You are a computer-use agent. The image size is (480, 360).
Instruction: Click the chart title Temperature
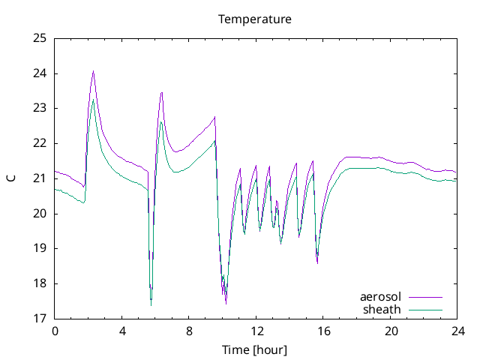click(254, 19)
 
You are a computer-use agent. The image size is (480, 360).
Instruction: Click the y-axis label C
click(10, 178)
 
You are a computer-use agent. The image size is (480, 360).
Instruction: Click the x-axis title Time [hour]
click(254, 349)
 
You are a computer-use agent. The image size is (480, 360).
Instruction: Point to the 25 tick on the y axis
click(40, 38)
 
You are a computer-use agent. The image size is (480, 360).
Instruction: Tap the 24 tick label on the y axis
click(40, 73)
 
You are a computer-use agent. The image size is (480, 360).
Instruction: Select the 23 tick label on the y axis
click(40, 108)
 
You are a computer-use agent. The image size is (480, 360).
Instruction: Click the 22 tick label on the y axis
click(40, 143)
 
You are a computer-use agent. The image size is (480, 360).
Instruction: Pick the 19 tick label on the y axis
click(40, 248)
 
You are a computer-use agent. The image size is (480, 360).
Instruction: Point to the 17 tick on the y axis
click(40, 318)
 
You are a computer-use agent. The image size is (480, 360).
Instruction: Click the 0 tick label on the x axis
click(55, 331)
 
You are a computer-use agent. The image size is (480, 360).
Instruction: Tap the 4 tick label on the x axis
click(121, 331)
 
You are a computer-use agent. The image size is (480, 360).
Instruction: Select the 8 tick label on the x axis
click(189, 331)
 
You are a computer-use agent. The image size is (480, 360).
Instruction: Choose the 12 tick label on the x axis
click(256, 331)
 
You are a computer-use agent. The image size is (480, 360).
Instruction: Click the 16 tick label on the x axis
click(322, 331)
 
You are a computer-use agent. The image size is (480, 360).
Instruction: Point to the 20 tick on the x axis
click(390, 331)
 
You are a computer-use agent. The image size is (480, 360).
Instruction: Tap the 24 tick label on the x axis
click(457, 331)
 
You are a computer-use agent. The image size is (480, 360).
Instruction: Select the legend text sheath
click(382, 309)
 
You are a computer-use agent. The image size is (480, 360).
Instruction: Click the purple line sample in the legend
click(424, 298)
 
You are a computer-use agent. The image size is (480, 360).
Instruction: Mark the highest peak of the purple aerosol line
click(93, 71)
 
